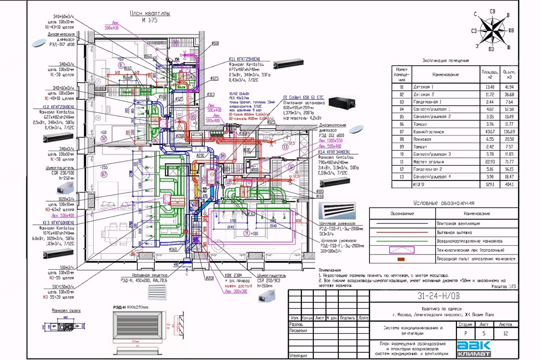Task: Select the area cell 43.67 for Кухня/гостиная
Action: [x=489, y=132]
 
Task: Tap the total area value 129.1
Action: [x=489, y=184]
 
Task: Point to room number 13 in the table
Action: [x=402, y=176]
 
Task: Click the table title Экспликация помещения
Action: [x=445, y=61]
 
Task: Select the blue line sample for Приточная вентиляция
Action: [x=402, y=224]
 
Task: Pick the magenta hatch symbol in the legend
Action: [x=402, y=250]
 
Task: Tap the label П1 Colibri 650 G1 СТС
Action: [x=304, y=97]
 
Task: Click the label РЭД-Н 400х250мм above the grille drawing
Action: [x=131, y=307]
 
